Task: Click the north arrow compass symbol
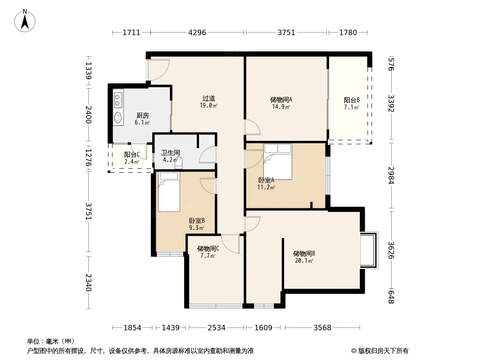coord(25,21)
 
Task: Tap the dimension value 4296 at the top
coord(197,32)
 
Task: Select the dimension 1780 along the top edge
coord(348,32)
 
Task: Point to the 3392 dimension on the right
coord(391,103)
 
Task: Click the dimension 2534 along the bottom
coord(217,328)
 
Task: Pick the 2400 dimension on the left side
coord(88,114)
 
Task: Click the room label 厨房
coord(142,115)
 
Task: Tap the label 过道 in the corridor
coord(208,98)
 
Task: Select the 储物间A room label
coord(281,99)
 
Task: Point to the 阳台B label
coord(351,100)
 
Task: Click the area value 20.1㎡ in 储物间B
coord(304,261)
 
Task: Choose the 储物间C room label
coord(208,248)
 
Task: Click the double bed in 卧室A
coord(278,162)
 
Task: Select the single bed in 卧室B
coord(169,192)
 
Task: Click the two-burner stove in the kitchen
coord(118,100)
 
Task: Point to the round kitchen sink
coord(118,117)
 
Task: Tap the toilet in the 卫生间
coord(178,163)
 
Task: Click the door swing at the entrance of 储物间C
coord(230,244)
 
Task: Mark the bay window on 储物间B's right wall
coord(369,251)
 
